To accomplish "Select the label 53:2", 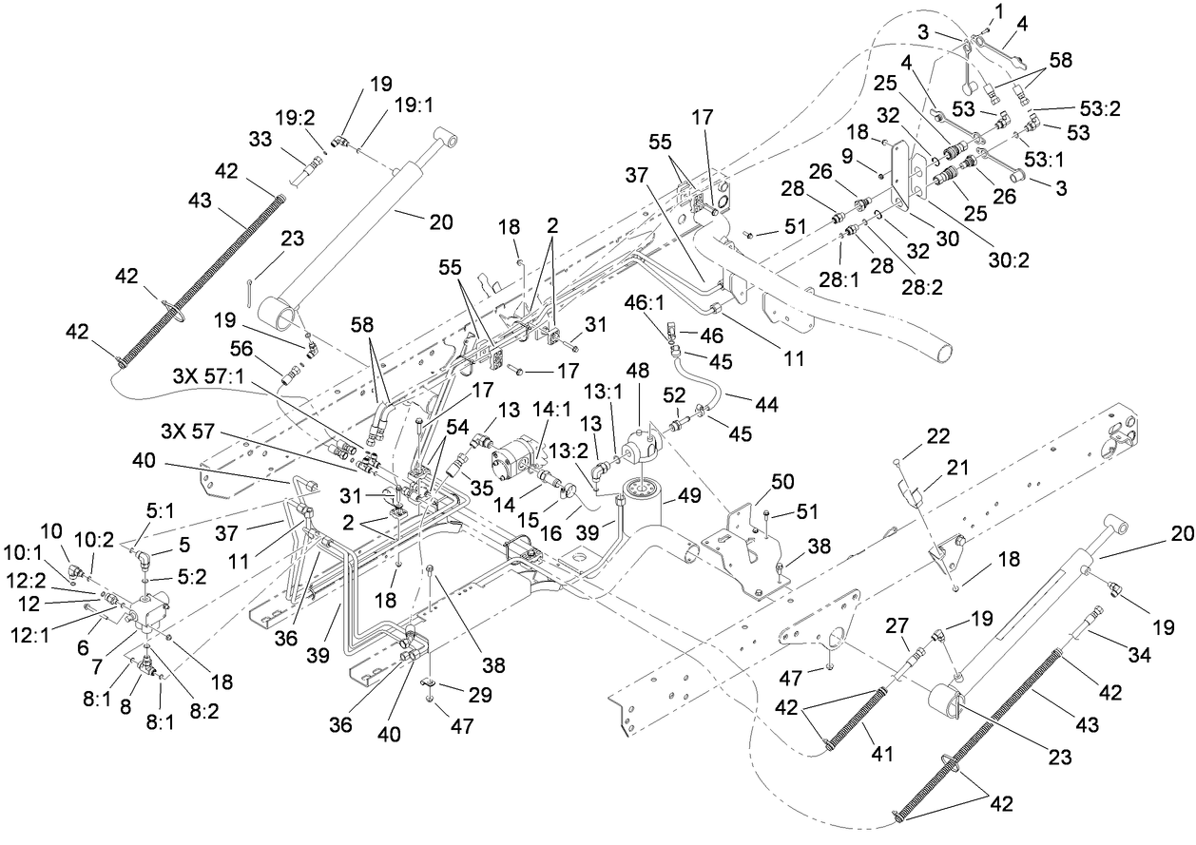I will pos(1101,109).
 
